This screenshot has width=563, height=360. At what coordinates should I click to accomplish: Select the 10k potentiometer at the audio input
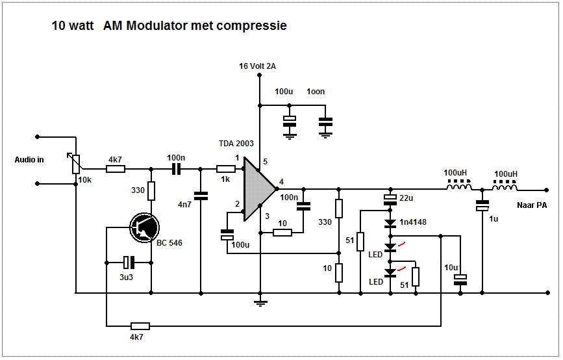pos(76,163)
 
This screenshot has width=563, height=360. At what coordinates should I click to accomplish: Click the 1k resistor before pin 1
pos(225,170)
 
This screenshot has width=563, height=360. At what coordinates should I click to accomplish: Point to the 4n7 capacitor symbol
pos(201,194)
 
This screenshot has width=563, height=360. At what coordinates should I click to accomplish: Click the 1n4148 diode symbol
pos(390,224)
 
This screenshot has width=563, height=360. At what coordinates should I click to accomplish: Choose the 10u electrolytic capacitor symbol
pos(460,279)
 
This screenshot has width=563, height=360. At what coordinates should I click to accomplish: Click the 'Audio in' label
pos(29,160)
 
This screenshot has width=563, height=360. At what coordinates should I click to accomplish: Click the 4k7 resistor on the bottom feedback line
pos(140,326)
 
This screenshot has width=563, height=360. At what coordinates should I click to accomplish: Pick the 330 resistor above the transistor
pos(151,191)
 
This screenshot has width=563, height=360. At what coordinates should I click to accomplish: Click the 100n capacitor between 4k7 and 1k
pos(175,170)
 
